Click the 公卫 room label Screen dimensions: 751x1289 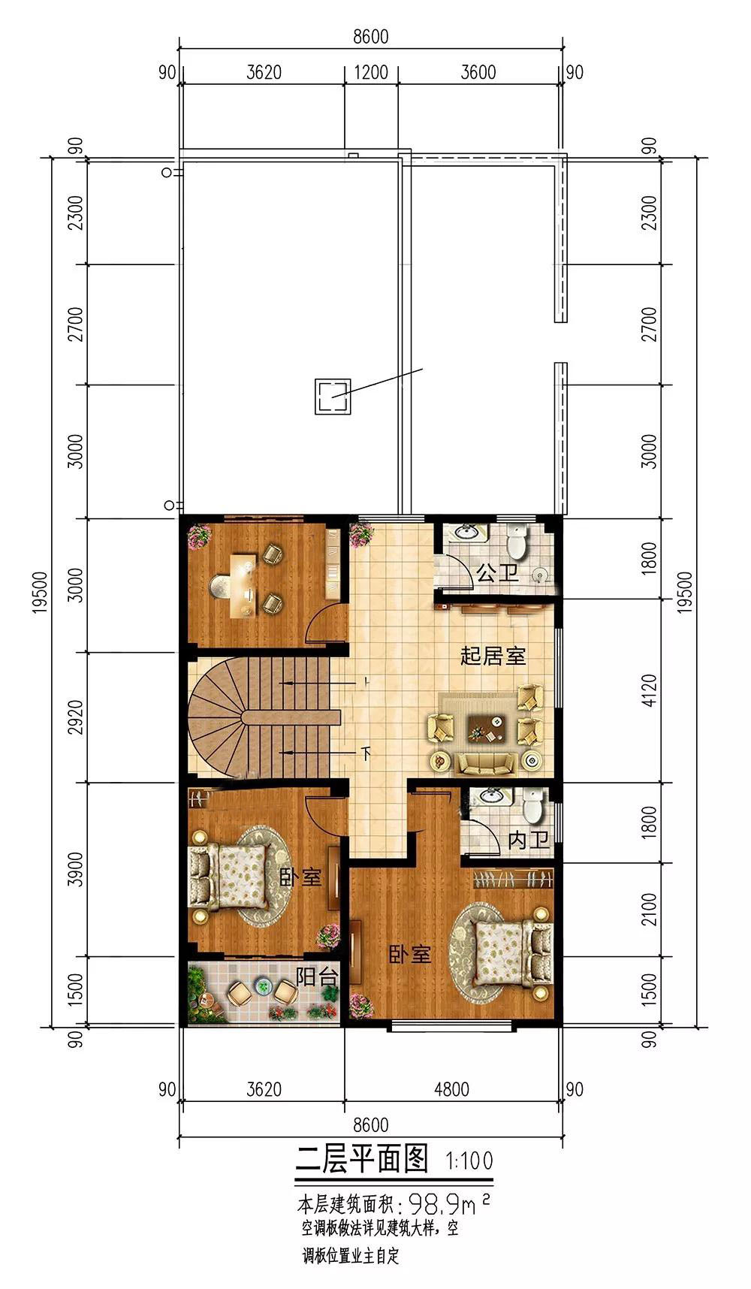click(x=497, y=575)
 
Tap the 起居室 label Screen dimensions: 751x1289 click(x=493, y=656)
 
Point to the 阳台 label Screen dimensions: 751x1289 click(x=315, y=977)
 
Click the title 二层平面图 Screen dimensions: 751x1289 click(x=362, y=1159)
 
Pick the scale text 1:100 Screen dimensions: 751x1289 click(x=469, y=1161)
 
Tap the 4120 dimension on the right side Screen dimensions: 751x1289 click(x=650, y=691)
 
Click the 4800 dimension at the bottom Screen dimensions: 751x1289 click(x=451, y=1088)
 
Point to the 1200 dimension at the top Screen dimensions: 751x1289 click(x=371, y=72)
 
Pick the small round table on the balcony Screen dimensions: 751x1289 click(x=262, y=986)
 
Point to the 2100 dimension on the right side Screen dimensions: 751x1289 click(x=650, y=910)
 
